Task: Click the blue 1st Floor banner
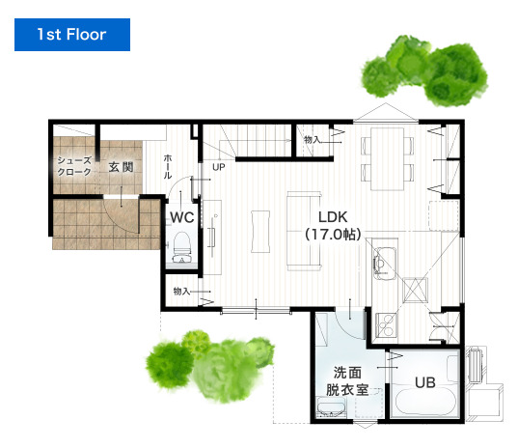pyautogui.click(x=72, y=35)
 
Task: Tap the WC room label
pyautogui.click(x=181, y=217)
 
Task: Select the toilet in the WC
pyautogui.click(x=181, y=247)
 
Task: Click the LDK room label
pyautogui.click(x=333, y=217)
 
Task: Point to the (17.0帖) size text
pyautogui.click(x=333, y=235)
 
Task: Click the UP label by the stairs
pyautogui.click(x=218, y=167)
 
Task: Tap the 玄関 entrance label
pyautogui.click(x=121, y=167)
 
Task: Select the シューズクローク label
pyautogui.click(x=74, y=166)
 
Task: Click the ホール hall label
pyautogui.click(x=168, y=167)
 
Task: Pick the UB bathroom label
pyautogui.click(x=425, y=382)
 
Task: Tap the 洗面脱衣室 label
pyautogui.click(x=347, y=381)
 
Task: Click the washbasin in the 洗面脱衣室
pyautogui.click(x=331, y=406)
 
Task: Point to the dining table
pyautogui.click(x=387, y=159)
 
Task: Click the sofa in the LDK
pyautogui.click(x=304, y=231)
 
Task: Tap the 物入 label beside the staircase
pyautogui.click(x=313, y=140)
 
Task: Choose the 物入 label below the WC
pyautogui.click(x=181, y=292)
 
